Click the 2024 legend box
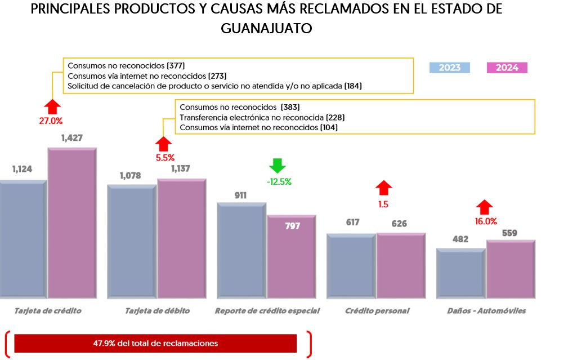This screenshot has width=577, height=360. pos(507,68)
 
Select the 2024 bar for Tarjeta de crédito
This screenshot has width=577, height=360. pos(71,223)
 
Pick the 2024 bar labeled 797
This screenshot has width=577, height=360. pos(291,256)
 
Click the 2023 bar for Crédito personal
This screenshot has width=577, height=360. pos(351,265)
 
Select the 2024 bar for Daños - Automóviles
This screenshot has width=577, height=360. pos(511,269)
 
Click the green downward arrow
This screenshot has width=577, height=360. pos(278,166)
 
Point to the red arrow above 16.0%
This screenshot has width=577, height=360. pos(485,207)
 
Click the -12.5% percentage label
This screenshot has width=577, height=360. pos(279,182)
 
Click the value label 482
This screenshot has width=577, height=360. pos(460,239)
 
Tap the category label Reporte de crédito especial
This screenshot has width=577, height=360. pos(267,311)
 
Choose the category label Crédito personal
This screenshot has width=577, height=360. pos(377,311)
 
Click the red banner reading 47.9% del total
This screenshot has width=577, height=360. pos(155,343)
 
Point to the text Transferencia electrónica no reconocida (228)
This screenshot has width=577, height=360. pos(262,117)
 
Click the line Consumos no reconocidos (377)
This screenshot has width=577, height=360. pos(126,65)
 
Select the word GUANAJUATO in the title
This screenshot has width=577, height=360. pos(267,28)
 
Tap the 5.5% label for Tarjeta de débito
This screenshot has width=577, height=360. pos(165,158)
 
